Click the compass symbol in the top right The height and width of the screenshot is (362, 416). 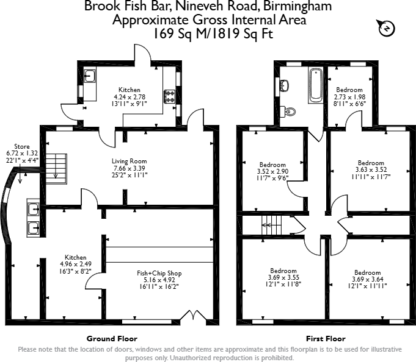[x=386, y=28]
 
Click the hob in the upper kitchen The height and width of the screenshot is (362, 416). [x=169, y=96]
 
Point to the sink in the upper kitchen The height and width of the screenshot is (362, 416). [x=89, y=77]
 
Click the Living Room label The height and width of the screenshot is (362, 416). [x=129, y=161]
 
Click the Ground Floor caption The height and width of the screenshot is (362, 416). [x=112, y=338]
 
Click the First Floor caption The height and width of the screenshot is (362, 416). [x=326, y=338]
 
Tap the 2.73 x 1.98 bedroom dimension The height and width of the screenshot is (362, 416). [x=349, y=97]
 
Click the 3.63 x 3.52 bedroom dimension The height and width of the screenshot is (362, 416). [x=371, y=170]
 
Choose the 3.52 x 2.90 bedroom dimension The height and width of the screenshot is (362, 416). [x=272, y=171]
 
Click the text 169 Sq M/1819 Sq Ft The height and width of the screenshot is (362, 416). [x=210, y=34]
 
